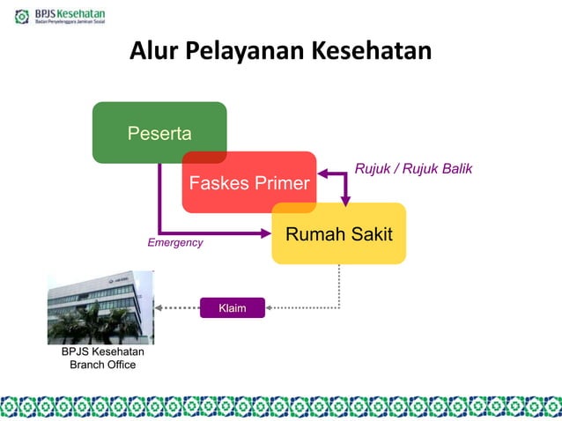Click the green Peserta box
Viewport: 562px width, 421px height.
point(159,133)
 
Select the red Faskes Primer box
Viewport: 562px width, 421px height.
point(249,182)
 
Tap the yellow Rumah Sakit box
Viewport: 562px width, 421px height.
point(339,233)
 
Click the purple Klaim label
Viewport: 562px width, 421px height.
point(233,307)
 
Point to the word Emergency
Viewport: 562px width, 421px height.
point(174,242)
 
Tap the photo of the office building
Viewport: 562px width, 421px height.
point(100,307)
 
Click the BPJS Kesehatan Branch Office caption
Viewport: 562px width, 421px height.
point(102,358)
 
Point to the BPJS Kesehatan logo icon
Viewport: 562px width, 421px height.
point(21,16)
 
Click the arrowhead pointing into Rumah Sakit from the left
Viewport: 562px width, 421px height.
point(267,233)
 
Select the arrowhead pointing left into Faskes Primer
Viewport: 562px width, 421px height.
point(322,174)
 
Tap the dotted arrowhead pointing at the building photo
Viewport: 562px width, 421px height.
point(159,307)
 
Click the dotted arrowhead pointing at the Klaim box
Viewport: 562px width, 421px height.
point(270,307)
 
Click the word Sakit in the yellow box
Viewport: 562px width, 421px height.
point(371,233)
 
